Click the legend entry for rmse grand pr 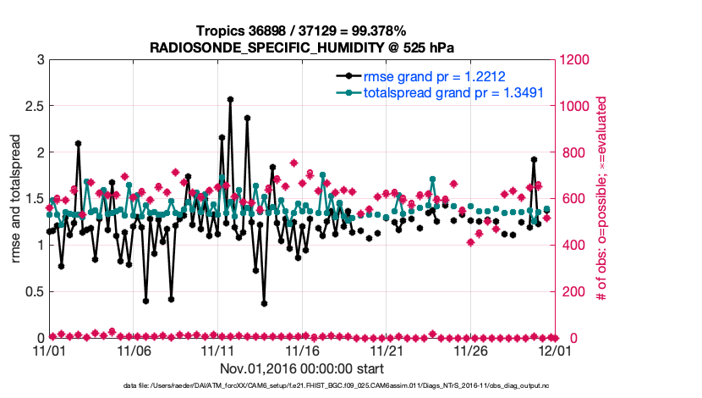(444, 75)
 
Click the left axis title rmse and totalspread (15, 198)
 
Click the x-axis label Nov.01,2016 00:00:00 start (301, 368)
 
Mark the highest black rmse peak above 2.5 (230, 99)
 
